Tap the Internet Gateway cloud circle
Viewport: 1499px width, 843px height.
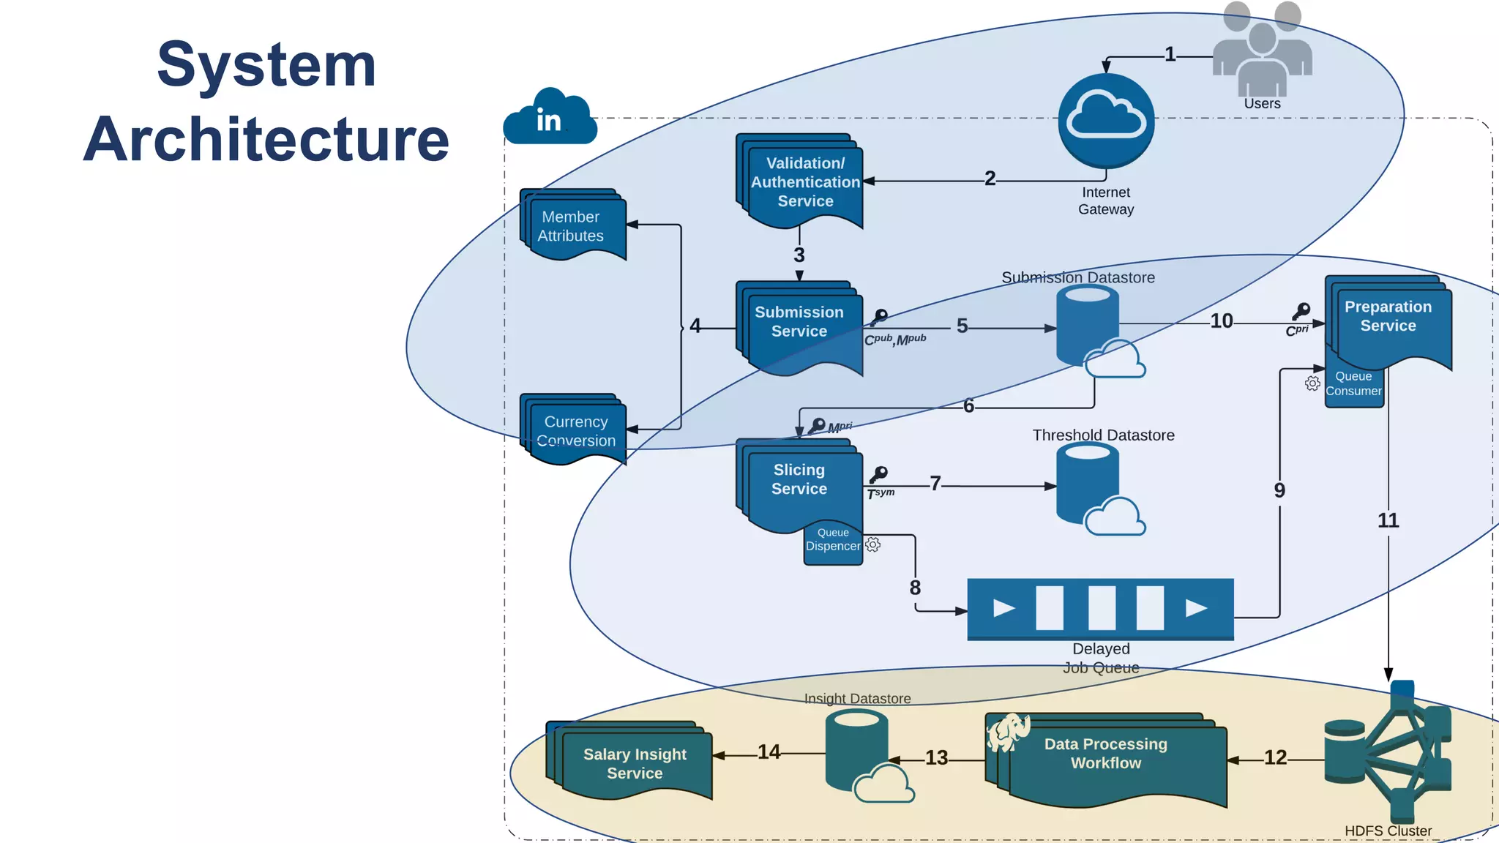(1106, 121)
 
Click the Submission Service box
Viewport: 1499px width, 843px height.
(799, 326)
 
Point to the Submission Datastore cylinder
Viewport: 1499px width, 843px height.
(1088, 326)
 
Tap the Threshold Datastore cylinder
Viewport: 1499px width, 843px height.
(1088, 483)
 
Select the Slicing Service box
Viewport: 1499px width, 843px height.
(799, 483)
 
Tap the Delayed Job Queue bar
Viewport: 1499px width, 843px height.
(1100, 608)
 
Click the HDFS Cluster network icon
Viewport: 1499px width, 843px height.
(1388, 754)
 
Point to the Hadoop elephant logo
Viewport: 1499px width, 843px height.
(1009, 732)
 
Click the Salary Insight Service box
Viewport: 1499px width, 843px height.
(633, 763)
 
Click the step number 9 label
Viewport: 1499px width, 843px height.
(1279, 490)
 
